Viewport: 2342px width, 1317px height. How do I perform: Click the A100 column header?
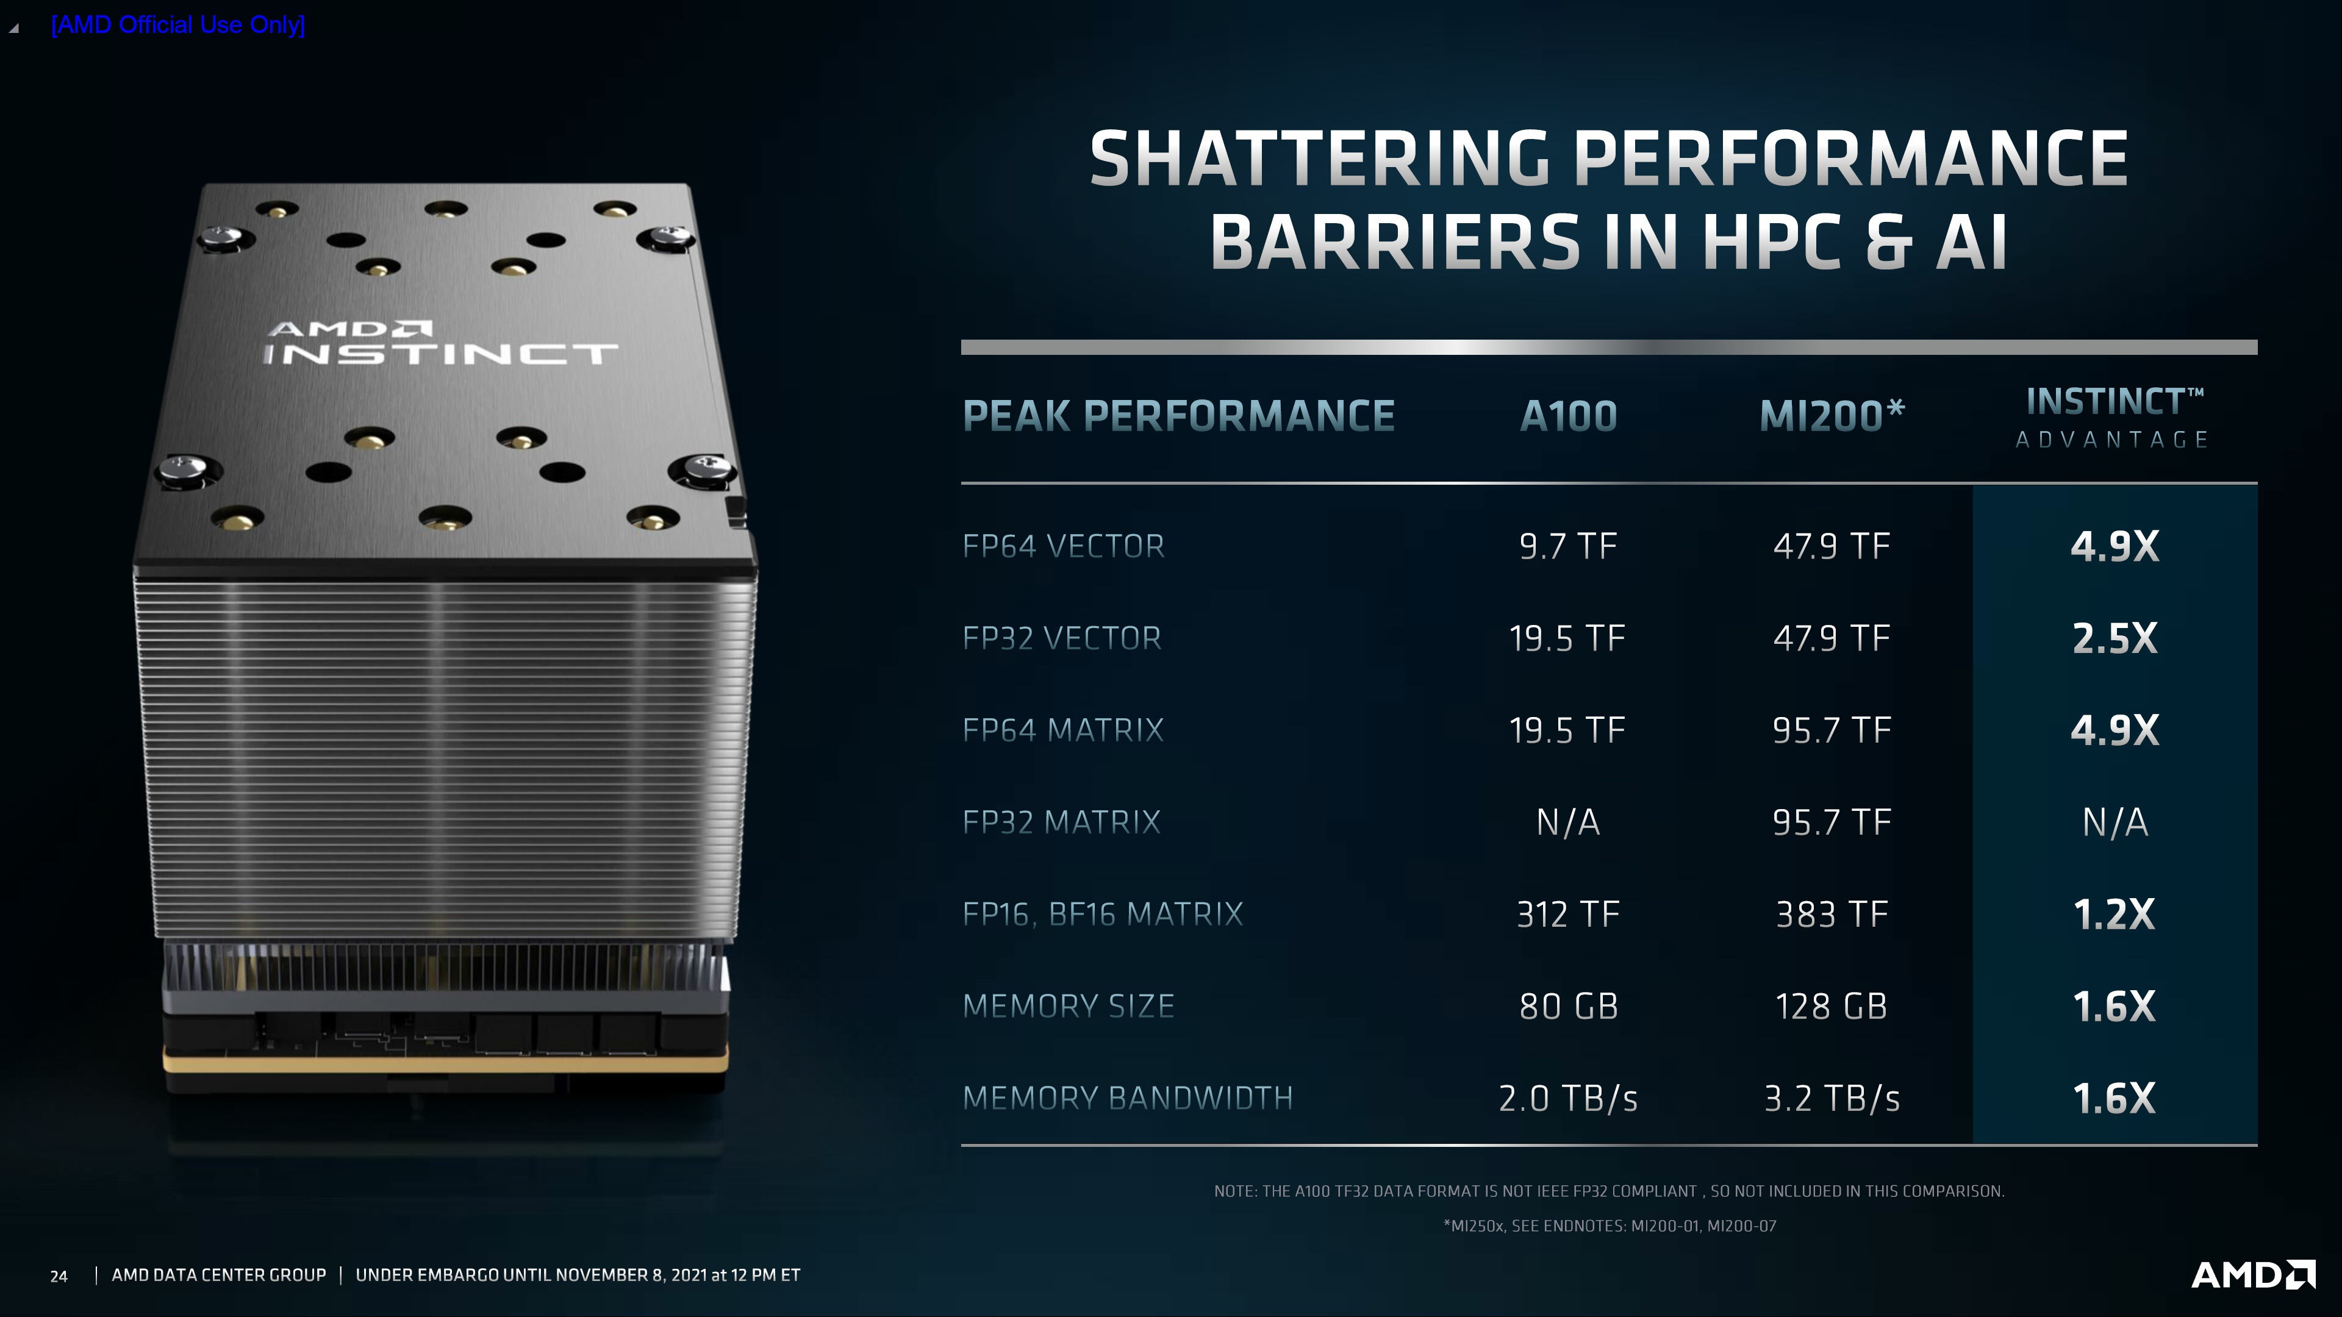pyautogui.click(x=1568, y=416)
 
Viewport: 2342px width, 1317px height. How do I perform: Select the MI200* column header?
pyautogui.click(x=1831, y=416)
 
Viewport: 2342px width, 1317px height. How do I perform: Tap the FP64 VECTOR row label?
pyautogui.click(x=1063, y=546)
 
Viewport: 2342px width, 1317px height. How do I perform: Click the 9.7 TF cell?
pyautogui.click(x=1568, y=546)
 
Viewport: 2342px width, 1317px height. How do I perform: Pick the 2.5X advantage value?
pyautogui.click(x=2115, y=638)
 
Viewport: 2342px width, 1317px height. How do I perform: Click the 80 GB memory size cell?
pyautogui.click(x=1568, y=1006)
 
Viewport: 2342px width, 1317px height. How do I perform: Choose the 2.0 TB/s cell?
pyautogui.click(x=1568, y=1098)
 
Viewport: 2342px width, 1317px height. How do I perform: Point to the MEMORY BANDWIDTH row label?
pyautogui.click(x=1127, y=1098)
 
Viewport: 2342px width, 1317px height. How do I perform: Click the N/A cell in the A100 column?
pyautogui.click(x=1568, y=823)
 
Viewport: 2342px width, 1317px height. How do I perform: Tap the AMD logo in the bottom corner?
pyautogui.click(x=2253, y=1274)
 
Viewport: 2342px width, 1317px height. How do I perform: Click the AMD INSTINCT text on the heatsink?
pyautogui.click(x=441, y=343)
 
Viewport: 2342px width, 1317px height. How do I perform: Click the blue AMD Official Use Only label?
pyautogui.click(x=178, y=24)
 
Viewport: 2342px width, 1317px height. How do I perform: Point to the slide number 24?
pyautogui.click(x=59, y=1276)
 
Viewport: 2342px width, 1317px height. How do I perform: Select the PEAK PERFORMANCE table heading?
pyautogui.click(x=1178, y=416)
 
